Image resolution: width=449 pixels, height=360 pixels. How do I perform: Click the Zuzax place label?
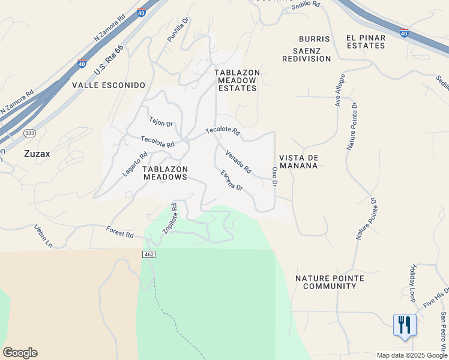[x=37, y=153]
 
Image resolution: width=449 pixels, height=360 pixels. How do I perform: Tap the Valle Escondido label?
[x=109, y=85]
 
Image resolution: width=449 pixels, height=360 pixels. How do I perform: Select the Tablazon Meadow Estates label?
[x=237, y=80]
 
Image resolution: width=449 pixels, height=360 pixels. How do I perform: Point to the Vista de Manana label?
[x=298, y=161]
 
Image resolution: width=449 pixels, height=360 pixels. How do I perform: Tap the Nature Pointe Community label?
[x=330, y=282]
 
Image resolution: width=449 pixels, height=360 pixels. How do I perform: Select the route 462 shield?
[x=149, y=255]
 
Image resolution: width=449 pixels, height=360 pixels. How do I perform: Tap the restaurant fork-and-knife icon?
[x=405, y=325]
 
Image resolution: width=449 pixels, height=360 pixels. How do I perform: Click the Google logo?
[x=20, y=353]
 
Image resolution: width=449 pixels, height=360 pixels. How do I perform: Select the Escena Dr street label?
[x=231, y=180]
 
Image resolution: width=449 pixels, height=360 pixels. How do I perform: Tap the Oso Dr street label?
[x=275, y=176]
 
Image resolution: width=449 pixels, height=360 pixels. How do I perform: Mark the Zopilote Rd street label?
[x=170, y=219]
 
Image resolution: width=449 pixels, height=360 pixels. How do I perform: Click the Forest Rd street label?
[x=119, y=231]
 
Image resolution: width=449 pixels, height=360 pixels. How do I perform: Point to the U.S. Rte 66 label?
[x=109, y=61]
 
